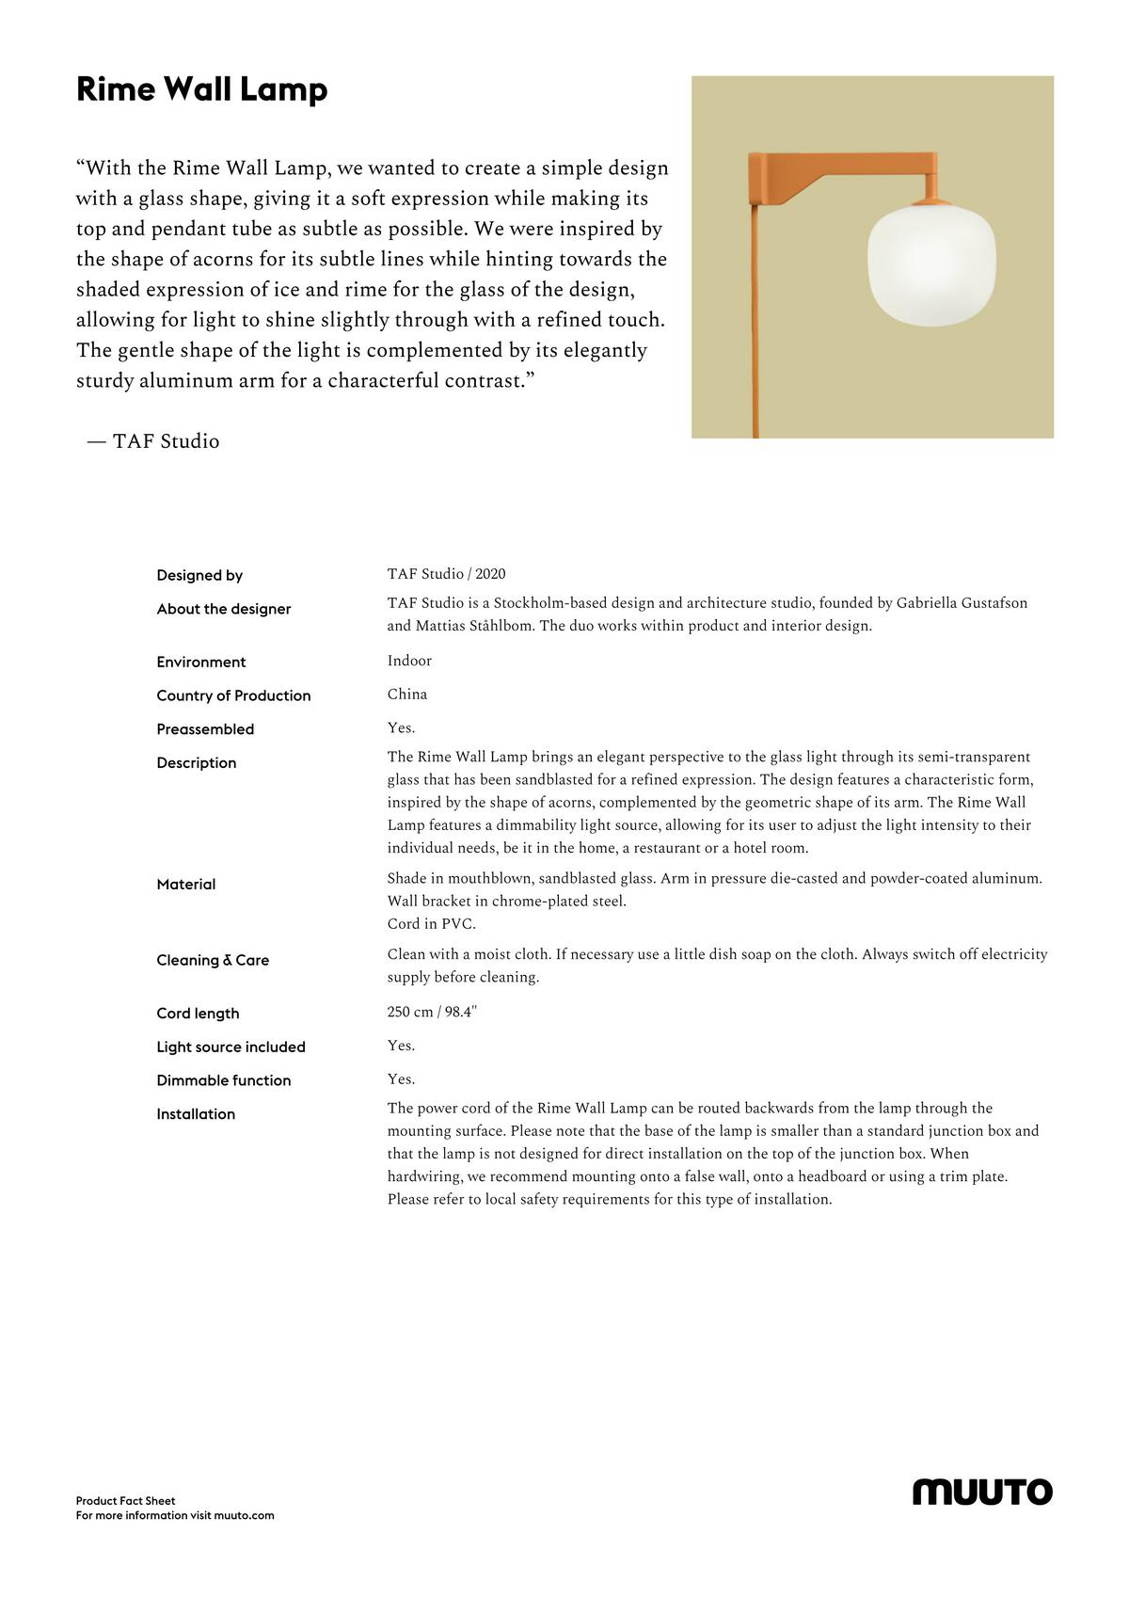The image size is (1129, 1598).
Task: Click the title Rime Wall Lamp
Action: (201, 89)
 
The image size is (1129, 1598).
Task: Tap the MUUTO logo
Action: (982, 1492)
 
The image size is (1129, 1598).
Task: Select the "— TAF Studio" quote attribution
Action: (153, 441)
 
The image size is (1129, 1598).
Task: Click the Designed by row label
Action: (199, 575)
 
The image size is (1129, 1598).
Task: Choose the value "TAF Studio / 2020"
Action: (446, 574)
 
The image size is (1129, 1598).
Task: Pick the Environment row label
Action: (200, 662)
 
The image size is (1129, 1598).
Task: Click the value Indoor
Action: (409, 661)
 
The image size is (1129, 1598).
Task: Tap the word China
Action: (407, 695)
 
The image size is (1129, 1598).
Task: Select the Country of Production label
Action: (233, 695)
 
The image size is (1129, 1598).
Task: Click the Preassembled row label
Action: (205, 729)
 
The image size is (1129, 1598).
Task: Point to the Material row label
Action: (186, 884)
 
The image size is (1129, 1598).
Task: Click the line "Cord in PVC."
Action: (432, 924)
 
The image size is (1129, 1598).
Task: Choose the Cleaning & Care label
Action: (213, 960)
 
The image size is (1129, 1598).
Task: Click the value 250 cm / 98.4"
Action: (432, 1012)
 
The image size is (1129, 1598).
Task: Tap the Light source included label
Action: (231, 1047)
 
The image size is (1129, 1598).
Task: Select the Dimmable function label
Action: (224, 1080)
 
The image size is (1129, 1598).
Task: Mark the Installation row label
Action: (196, 1114)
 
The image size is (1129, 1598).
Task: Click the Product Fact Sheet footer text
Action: (126, 1501)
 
